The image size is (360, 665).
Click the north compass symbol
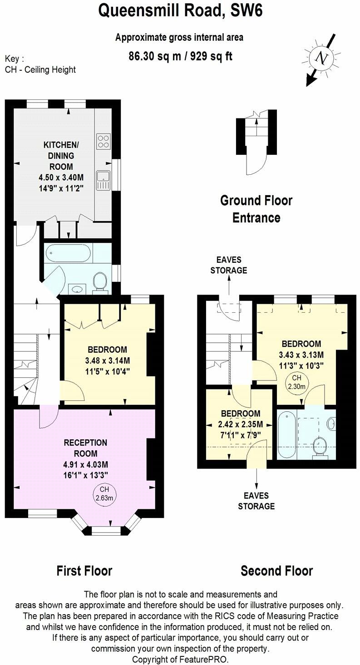[322, 58]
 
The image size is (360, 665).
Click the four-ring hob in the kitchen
[103, 141]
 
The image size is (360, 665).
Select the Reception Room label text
[85, 448]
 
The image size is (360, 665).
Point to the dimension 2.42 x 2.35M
[241, 424]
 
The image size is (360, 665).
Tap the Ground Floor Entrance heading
[256, 209]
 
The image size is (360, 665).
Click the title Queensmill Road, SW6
[180, 11]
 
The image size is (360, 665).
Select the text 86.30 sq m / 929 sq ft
[180, 56]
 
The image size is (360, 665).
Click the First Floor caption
[84, 571]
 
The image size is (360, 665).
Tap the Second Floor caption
[276, 571]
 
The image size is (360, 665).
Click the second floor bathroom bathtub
[286, 434]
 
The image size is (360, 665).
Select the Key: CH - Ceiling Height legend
[40, 64]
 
